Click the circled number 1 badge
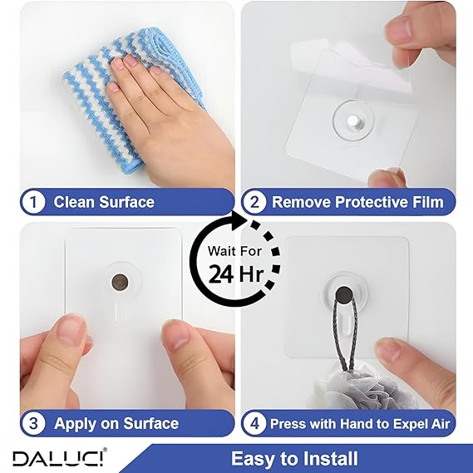click(33, 202)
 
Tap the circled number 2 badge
click(254, 202)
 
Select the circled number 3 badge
click(33, 423)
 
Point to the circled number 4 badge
click(254, 423)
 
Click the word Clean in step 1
click(74, 202)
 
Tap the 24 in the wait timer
click(221, 274)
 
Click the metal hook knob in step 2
click(352, 121)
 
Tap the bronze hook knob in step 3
click(120, 283)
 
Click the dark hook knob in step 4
click(344, 295)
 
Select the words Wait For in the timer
click(234, 251)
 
